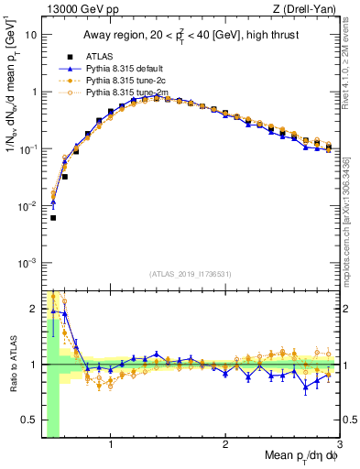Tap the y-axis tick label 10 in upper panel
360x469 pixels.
point(31,35)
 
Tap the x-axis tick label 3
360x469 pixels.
point(339,446)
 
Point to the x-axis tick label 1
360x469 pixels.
point(111,446)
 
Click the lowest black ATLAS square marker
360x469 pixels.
point(53,218)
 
